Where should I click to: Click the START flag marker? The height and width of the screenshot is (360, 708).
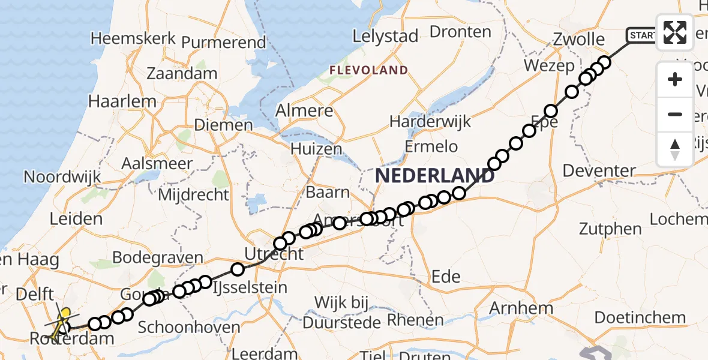click(641, 35)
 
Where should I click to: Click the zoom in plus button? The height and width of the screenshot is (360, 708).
click(675, 79)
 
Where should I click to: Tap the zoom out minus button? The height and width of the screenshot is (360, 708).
click(675, 114)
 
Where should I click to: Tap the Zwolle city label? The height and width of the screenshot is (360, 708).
click(579, 40)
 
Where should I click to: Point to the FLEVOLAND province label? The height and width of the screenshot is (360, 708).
click(368, 70)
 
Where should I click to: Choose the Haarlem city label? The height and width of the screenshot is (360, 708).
click(122, 101)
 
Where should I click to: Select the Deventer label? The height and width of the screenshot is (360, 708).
click(598, 171)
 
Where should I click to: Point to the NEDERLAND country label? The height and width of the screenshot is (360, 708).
click(435, 176)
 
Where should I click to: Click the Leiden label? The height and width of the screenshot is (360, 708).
click(76, 218)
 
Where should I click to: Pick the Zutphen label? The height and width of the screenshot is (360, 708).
click(606, 229)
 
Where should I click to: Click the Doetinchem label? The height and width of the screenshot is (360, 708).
click(640, 318)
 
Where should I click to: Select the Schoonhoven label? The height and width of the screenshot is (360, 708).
click(188, 328)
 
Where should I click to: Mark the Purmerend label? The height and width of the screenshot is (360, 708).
click(223, 43)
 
